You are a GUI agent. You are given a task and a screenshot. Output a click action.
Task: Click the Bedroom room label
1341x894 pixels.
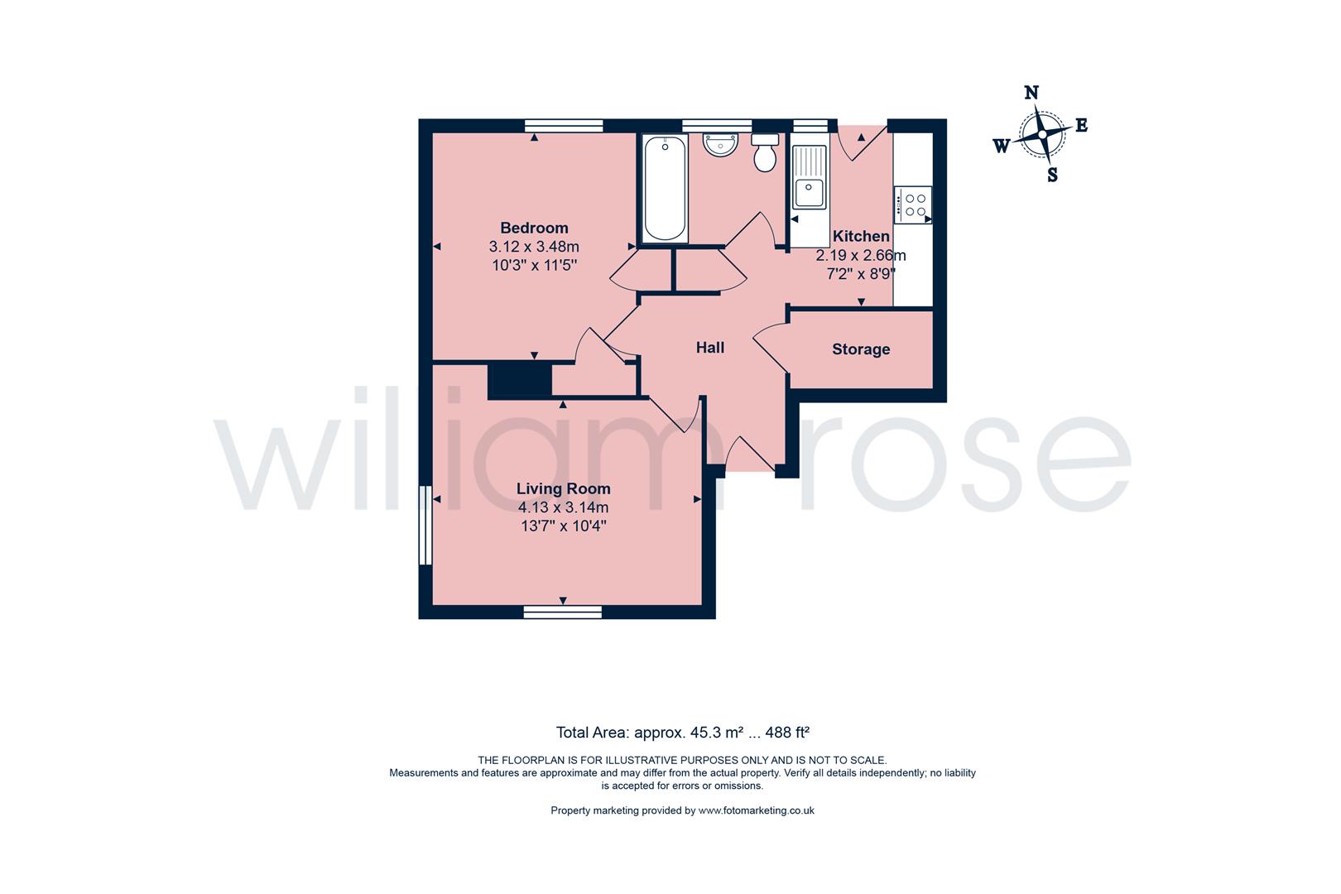click(x=534, y=228)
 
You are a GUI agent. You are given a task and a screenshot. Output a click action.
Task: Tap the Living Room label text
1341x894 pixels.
click(x=563, y=488)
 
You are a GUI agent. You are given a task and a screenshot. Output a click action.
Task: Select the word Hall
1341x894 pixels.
click(x=709, y=348)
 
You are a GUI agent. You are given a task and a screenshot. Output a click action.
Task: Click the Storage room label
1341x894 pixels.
click(x=861, y=349)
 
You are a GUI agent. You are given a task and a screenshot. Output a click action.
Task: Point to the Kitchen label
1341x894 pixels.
click(x=861, y=236)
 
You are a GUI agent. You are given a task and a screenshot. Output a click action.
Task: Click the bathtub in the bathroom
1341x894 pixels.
click(x=665, y=188)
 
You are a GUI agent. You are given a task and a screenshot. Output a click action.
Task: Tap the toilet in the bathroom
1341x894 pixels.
click(x=765, y=153)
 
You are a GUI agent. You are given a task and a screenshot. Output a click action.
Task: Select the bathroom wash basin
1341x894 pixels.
click(x=720, y=145)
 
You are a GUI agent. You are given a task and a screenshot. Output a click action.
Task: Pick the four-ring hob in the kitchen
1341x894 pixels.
click(x=915, y=204)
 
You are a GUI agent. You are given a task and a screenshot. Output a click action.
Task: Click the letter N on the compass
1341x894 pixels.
click(x=1031, y=93)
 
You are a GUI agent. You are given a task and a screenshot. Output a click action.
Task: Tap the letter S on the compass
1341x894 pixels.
click(x=1052, y=175)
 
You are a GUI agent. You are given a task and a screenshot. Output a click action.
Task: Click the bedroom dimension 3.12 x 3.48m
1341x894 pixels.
click(x=534, y=247)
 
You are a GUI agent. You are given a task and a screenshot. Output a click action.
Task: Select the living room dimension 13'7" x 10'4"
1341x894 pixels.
click(x=563, y=526)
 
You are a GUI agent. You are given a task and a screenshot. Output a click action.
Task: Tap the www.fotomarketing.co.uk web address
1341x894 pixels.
click(x=756, y=810)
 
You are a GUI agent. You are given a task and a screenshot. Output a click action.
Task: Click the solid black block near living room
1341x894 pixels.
click(x=519, y=381)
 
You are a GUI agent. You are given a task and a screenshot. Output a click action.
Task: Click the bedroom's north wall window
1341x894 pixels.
click(x=563, y=126)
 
